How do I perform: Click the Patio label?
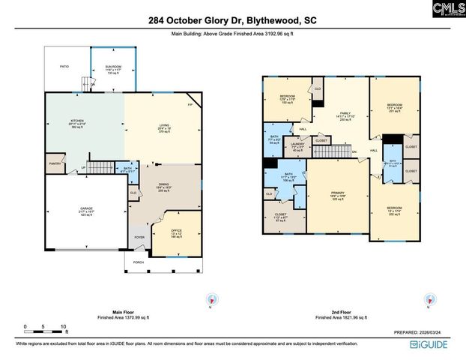pyautogui.click(x=64, y=67)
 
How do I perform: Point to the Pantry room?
pyautogui.click(x=55, y=163)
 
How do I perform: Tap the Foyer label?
pyautogui.click(x=139, y=238)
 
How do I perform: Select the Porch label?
pyautogui.click(x=139, y=262)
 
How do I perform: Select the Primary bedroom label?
pyautogui.click(x=338, y=194)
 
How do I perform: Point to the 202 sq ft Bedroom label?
pyautogui.click(x=394, y=208)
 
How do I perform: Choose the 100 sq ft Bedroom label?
pyautogui.click(x=288, y=98)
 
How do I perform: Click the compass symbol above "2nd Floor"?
pyautogui.click(x=429, y=299)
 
